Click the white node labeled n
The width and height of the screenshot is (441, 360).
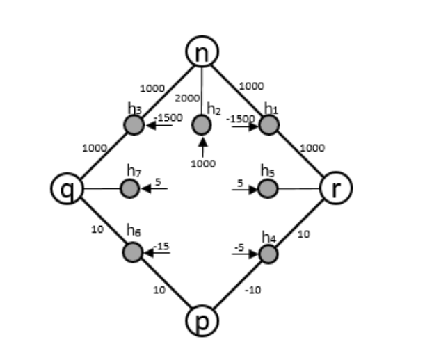pyautogui.click(x=202, y=51)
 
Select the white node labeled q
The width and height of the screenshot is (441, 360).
pyautogui.click(x=67, y=188)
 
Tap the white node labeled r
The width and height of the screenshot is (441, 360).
pyautogui.click(x=336, y=188)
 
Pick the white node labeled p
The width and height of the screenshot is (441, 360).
pyautogui.click(x=202, y=320)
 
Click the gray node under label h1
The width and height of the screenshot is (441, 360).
pyautogui.click(x=269, y=125)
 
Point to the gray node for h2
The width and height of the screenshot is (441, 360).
pyautogui.click(x=201, y=125)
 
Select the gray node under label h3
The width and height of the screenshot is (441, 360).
pyautogui.click(x=134, y=125)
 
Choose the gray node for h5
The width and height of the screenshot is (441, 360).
pyautogui.click(x=267, y=188)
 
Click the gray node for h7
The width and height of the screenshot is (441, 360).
pyautogui.click(x=130, y=188)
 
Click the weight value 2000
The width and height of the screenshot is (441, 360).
pyautogui.click(x=185, y=99)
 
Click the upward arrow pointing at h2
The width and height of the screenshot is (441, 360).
pyautogui.click(x=202, y=147)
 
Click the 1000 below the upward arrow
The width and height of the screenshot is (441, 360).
pyautogui.click(x=203, y=164)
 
